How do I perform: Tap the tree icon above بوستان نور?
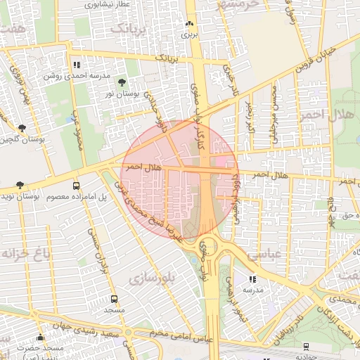[122, 83]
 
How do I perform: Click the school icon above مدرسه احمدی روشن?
[76, 65]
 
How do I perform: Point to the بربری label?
[188, 34]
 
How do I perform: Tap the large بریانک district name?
[130, 29]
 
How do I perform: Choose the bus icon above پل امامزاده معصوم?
[76, 186]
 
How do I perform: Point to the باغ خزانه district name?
[19, 252]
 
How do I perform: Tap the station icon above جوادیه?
[307, 347]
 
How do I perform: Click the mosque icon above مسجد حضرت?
[40, 337]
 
